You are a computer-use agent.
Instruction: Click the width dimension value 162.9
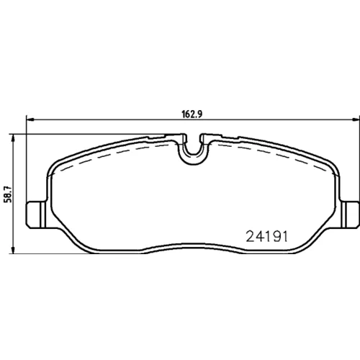pos(192,114)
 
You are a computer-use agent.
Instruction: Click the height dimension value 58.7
pos(9,194)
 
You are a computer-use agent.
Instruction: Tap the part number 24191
pos(267,236)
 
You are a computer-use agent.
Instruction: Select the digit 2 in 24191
pos(251,236)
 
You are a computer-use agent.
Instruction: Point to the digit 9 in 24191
pos(274,236)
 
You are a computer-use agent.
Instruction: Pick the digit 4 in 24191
pos(259,236)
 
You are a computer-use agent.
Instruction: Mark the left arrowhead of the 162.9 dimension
pos(30,120)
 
